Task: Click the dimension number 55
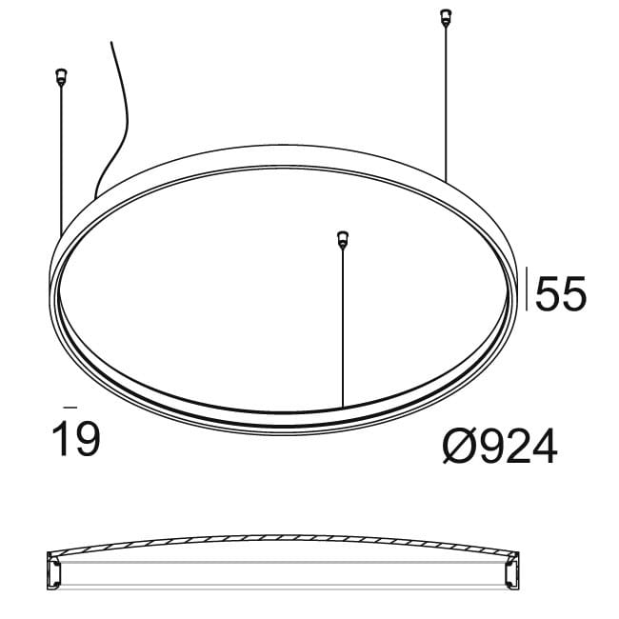pyautogui.click(x=561, y=295)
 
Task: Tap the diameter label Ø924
pyautogui.click(x=499, y=445)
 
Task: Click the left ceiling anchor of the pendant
pyautogui.click(x=61, y=75)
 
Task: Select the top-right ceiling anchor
pyautogui.click(x=442, y=17)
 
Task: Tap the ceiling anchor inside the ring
pyautogui.click(x=341, y=237)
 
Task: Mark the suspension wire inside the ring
pyautogui.click(x=341, y=324)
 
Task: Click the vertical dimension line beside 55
pyautogui.click(x=529, y=289)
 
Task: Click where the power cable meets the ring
pyautogui.click(x=94, y=198)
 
